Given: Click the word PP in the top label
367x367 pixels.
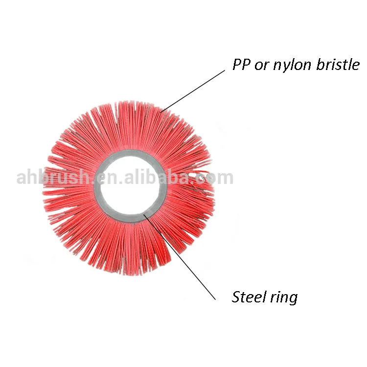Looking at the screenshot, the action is (241, 65).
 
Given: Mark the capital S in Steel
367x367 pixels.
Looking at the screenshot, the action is (236, 297).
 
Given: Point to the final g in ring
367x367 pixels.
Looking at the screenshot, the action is (293, 299).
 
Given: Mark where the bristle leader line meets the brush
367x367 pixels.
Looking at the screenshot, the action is (162, 110).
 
